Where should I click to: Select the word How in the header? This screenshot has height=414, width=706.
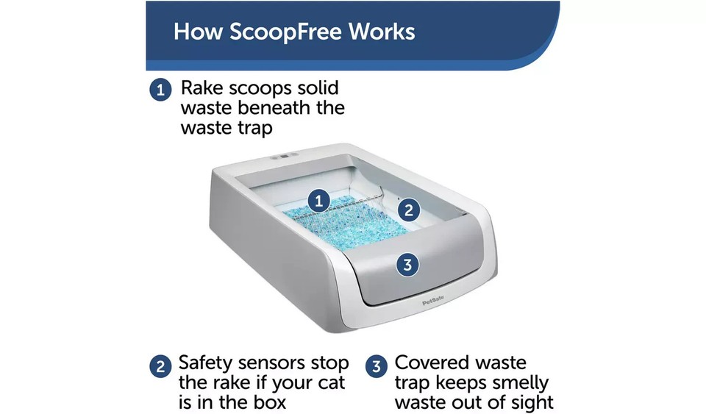click(x=199, y=32)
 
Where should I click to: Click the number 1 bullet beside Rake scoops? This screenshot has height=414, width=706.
click(x=160, y=90)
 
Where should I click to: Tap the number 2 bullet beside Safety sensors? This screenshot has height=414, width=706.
click(x=160, y=365)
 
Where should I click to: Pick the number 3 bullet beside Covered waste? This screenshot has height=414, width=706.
click(x=376, y=365)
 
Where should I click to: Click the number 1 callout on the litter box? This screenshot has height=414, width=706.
click(x=318, y=200)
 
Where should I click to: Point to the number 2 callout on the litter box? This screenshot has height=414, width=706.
click(x=409, y=210)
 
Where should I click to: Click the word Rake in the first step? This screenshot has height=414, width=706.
click(x=202, y=90)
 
